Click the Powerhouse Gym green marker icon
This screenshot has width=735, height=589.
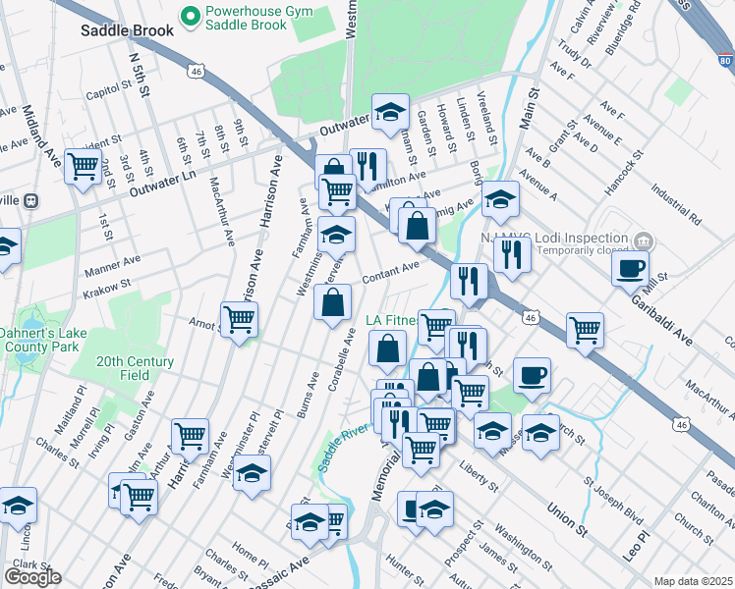click(188, 16)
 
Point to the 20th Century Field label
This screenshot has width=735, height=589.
click(135, 368)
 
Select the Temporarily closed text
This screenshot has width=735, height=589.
click(575, 252)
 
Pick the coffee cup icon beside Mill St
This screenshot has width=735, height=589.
click(630, 268)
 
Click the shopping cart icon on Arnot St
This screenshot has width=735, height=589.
click(239, 320)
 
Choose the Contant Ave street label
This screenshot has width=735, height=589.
click(391, 273)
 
